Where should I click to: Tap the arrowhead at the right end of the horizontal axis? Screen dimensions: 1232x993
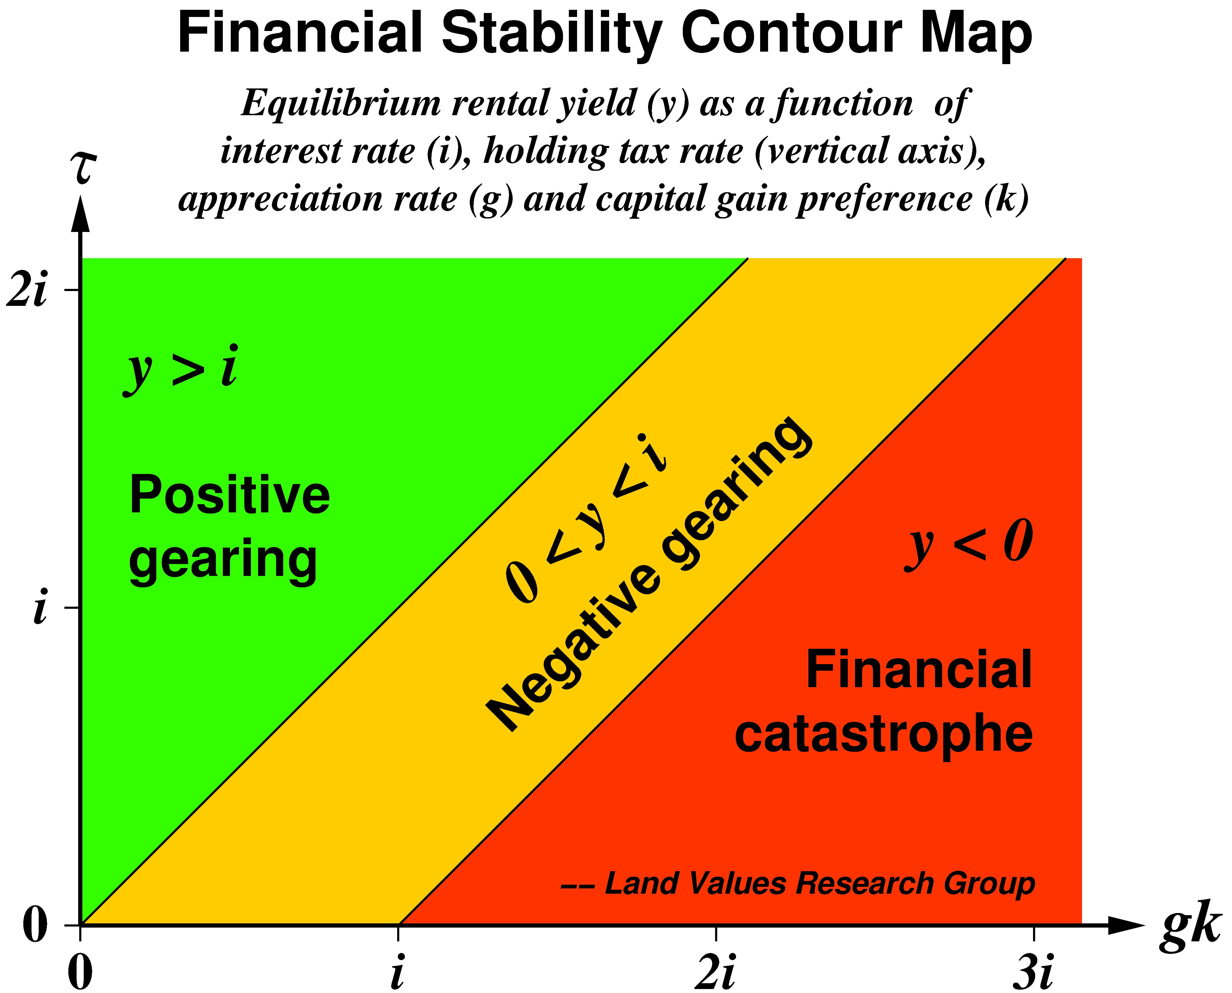click(1124, 925)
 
